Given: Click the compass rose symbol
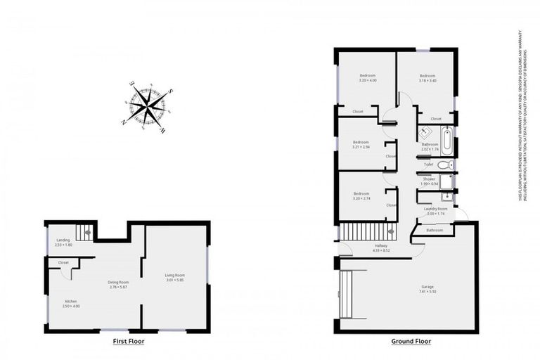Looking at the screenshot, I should pos(148,107).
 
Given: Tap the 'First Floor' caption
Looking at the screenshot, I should pos(129,342).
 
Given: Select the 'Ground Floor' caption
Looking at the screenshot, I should pos(411,342).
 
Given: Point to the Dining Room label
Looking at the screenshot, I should pos(118,282).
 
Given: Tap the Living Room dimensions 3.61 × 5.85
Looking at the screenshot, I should pos(174,280).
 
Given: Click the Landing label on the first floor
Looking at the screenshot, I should pos(63,240).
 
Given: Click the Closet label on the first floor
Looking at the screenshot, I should pos(64,263).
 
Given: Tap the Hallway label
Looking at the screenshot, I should pos(381,245).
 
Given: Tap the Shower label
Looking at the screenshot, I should pos(429,179).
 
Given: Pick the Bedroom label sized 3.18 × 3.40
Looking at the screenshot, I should pos(427,75).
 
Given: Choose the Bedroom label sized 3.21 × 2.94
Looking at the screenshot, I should pos(361,141).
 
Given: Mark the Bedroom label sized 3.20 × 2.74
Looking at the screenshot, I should pos(361,193).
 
